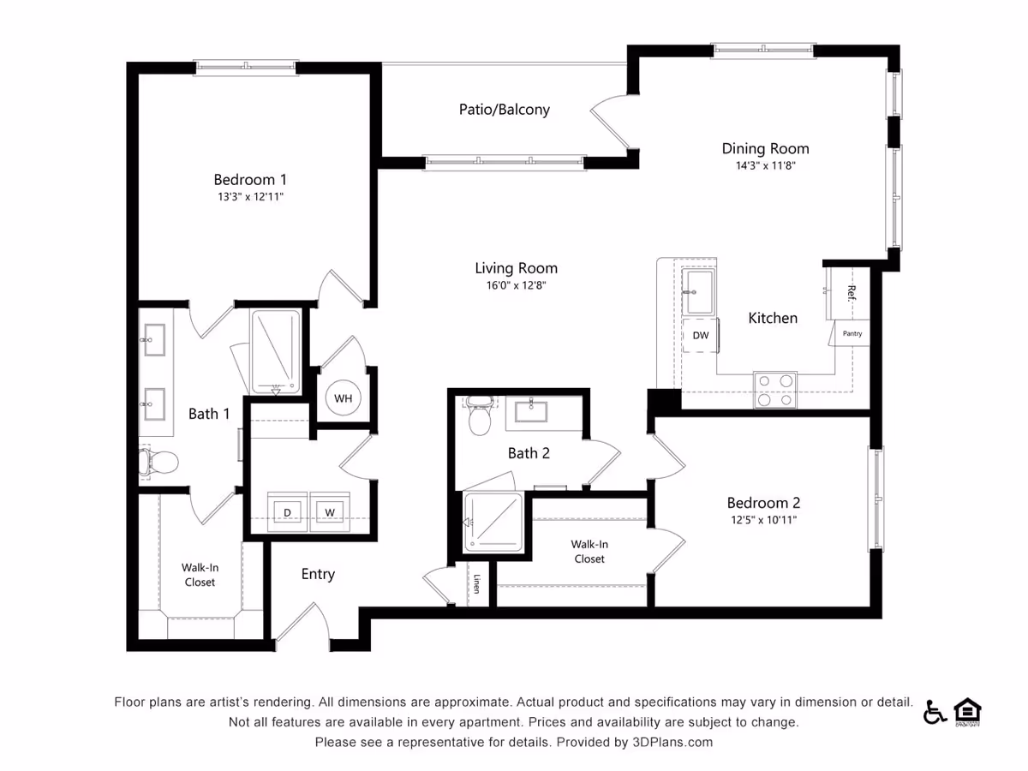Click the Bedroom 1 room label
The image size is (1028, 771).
pyautogui.click(x=249, y=179)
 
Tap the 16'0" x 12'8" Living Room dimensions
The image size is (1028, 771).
pyautogui.click(x=516, y=285)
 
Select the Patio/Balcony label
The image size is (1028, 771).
pyautogui.click(x=504, y=110)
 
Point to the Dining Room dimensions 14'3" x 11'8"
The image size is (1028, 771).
pyautogui.click(x=765, y=165)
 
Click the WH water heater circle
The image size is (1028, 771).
pyautogui.click(x=343, y=398)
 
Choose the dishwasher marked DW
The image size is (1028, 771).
pyautogui.click(x=701, y=335)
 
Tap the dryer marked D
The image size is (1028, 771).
pyautogui.click(x=287, y=512)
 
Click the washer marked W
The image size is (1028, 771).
pyautogui.click(x=330, y=512)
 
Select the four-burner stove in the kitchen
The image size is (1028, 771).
pyautogui.click(x=775, y=390)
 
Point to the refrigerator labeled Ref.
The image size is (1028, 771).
pyautogui.click(x=848, y=294)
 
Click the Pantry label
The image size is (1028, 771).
pyautogui.click(x=852, y=333)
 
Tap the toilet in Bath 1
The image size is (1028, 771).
pyautogui.click(x=158, y=462)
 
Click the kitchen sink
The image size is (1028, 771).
pyautogui.click(x=698, y=291)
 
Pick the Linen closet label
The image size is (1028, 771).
pyautogui.click(x=477, y=583)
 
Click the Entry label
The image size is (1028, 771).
pyautogui.click(x=318, y=574)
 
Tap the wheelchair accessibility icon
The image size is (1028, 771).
pyautogui.click(x=935, y=713)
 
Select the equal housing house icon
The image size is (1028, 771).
pyautogui.click(x=967, y=712)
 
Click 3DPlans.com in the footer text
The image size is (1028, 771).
pyautogui.click(x=672, y=742)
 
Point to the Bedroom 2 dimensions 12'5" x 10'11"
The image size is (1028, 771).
pyautogui.click(x=763, y=520)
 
